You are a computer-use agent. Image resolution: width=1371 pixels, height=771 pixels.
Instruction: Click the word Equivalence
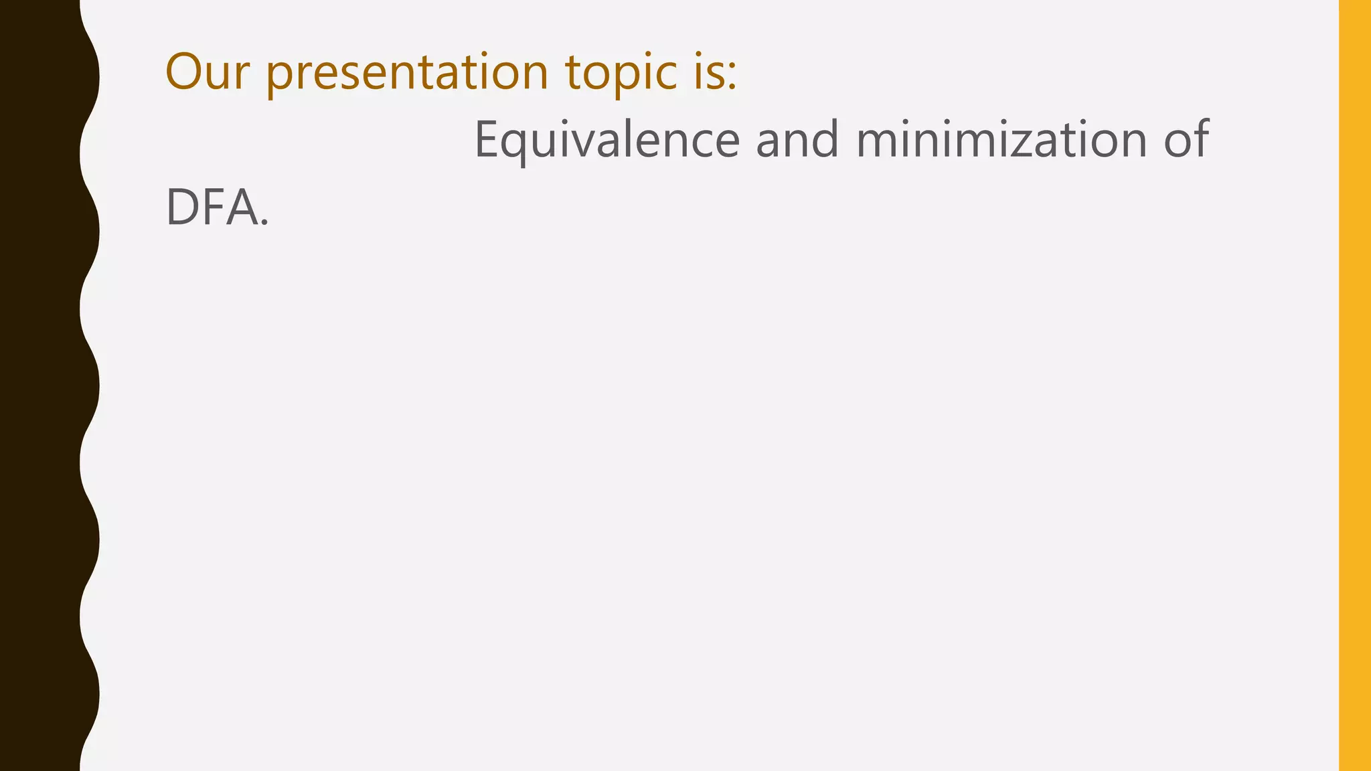(607, 141)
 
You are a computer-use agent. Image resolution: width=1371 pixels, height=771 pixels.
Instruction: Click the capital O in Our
(185, 72)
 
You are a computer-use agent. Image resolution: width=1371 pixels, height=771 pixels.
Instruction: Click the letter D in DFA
(183, 207)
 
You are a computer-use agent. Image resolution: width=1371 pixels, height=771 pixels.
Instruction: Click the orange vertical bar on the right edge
(1355, 385)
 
